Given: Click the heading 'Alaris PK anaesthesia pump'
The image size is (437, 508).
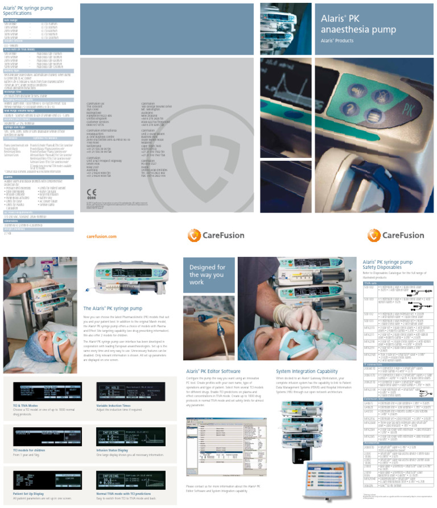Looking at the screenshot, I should [348, 25].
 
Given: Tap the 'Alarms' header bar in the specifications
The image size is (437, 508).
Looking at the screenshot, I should [38, 161].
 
